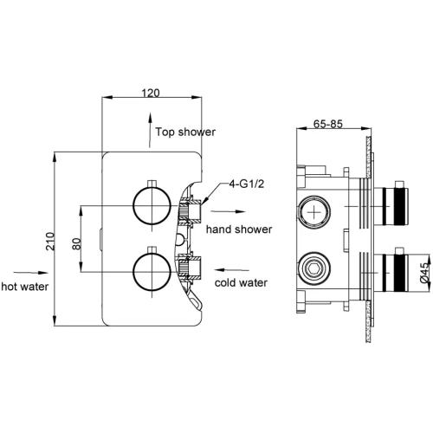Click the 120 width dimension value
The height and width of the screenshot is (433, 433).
[x=151, y=93]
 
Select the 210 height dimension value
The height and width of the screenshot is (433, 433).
[x=50, y=242]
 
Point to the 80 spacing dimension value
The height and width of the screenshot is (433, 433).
[x=76, y=244]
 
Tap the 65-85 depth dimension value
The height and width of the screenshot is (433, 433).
[x=328, y=124]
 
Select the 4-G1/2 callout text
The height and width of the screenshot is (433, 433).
[x=247, y=184]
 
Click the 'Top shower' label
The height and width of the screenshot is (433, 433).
[x=185, y=132]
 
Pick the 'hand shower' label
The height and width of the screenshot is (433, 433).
[x=239, y=229]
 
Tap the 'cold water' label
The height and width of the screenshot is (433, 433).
[x=241, y=282]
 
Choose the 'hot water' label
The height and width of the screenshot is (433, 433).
[x=25, y=287]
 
